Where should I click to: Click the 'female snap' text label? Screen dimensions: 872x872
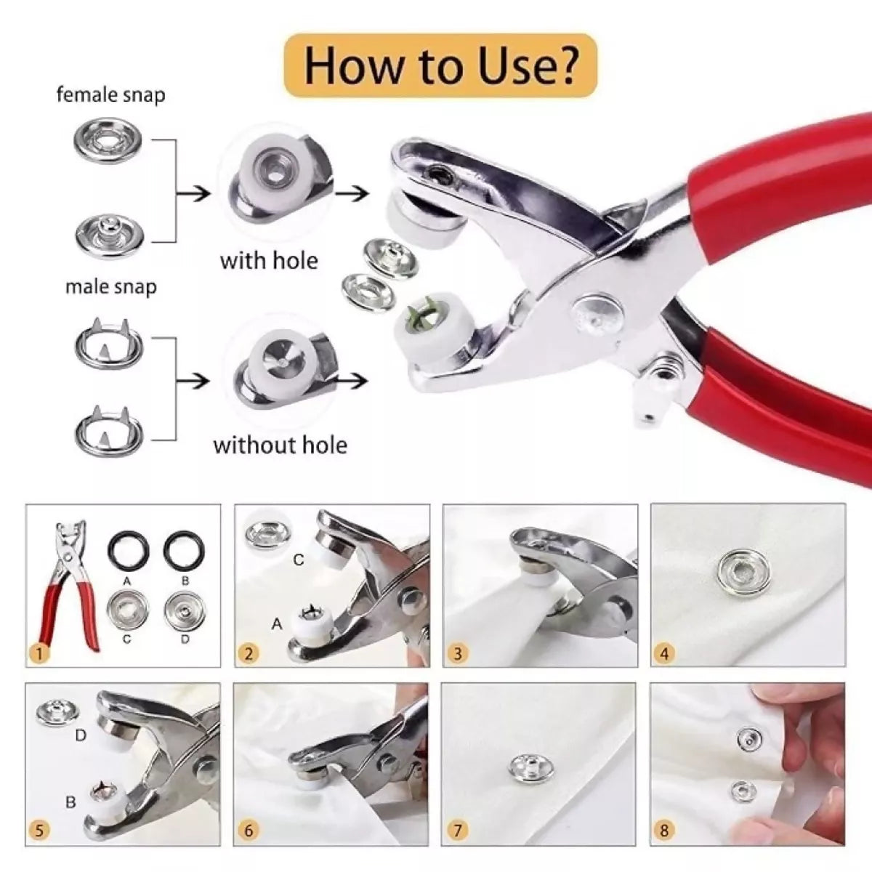coord(110,95)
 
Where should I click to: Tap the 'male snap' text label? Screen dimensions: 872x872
coord(110,287)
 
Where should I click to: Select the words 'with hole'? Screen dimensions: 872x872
coord(269,260)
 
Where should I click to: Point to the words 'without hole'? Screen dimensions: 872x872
coord(280,445)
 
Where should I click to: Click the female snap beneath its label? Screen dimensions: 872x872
coord(110,140)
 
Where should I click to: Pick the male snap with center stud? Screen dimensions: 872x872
coord(110,233)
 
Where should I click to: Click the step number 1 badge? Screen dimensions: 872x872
coord(39,654)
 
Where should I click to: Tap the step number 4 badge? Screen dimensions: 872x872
coord(663,653)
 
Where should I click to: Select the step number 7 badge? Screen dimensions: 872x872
coord(457,829)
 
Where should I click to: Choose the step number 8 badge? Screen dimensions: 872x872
coord(663,829)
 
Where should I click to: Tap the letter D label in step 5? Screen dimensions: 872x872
coord(81,735)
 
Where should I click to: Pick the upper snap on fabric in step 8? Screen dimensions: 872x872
coord(746,739)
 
